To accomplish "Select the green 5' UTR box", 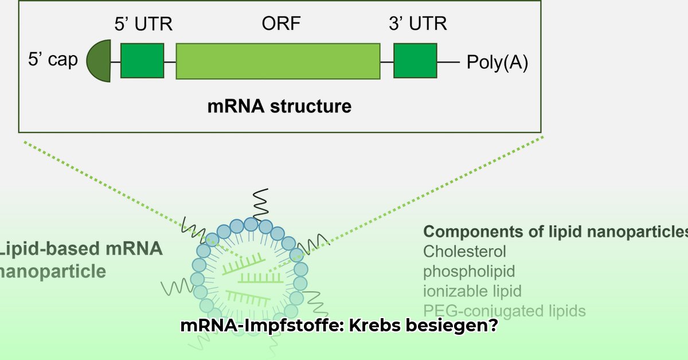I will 142,61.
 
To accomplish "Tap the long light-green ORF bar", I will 277,61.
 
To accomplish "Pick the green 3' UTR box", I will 415,61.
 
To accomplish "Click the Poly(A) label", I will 497,61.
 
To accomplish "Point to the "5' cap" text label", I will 53,60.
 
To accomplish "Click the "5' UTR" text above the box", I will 142,24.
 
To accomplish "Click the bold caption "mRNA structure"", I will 279,106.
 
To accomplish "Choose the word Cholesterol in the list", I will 464,251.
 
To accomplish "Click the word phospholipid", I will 469,271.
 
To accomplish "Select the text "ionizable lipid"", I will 472,291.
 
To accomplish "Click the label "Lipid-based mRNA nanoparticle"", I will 80,260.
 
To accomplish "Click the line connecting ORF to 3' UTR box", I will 387,61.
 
